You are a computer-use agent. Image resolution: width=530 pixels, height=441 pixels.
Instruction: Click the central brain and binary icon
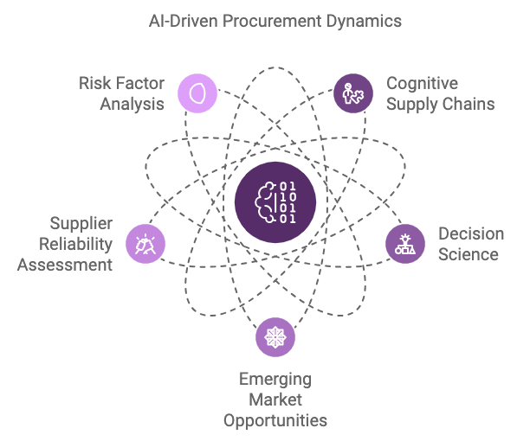(275, 202)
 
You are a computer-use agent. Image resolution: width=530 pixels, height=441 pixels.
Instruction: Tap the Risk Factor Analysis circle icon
(197, 93)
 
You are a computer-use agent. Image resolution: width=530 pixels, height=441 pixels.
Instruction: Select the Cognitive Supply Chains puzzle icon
(353, 93)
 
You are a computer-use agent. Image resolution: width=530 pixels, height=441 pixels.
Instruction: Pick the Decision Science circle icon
(405, 244)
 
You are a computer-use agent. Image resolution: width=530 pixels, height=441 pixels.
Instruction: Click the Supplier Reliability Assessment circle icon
(145, 244)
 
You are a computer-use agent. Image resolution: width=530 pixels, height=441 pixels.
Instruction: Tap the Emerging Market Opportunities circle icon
(275, 337)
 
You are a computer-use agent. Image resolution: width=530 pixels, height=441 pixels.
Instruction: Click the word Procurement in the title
(272, 22)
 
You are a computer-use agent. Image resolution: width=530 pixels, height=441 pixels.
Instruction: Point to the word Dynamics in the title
(364, 22)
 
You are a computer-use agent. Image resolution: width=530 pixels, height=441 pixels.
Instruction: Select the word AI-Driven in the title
(184, 22)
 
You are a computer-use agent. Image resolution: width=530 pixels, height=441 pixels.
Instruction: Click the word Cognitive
(422, 84)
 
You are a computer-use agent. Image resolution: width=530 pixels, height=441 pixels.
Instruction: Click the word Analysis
(132, 105)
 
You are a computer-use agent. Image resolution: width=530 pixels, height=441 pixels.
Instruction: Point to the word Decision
(471, 233)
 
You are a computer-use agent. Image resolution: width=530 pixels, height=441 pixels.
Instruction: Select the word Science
(469, 254)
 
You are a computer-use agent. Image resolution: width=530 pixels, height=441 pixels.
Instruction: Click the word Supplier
(81, 224)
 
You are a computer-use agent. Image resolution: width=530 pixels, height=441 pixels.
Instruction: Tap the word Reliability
(75, 245)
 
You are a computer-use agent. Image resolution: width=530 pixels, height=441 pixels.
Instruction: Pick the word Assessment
(65, 265)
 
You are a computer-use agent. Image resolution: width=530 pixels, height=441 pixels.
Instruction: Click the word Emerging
(275, 380)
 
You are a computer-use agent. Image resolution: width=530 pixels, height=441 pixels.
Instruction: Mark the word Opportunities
(275, 421)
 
